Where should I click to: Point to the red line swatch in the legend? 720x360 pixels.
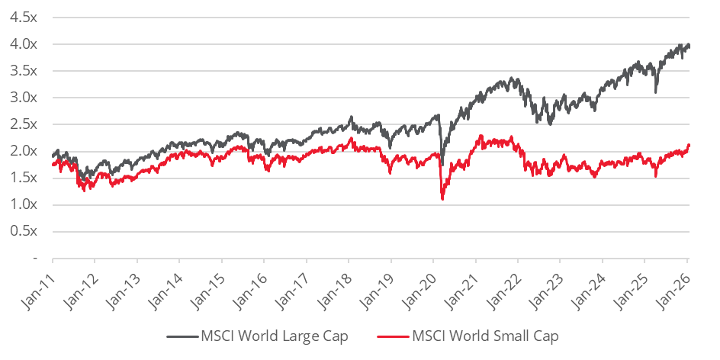tap(391, 336)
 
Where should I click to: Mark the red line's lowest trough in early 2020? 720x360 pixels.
tap(443, 199)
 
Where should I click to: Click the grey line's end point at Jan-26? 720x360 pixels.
tap(689, 45)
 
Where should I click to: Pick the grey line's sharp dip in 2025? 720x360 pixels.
tap(656, 92)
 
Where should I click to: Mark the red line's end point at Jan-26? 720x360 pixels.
tap(689, 145)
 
